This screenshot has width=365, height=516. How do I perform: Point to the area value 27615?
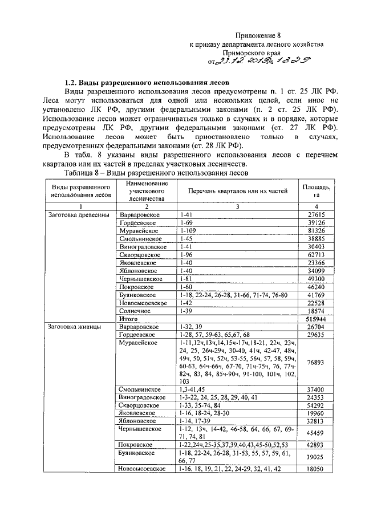(315, 214)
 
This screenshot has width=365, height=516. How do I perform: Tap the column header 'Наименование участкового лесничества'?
(145, 190)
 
